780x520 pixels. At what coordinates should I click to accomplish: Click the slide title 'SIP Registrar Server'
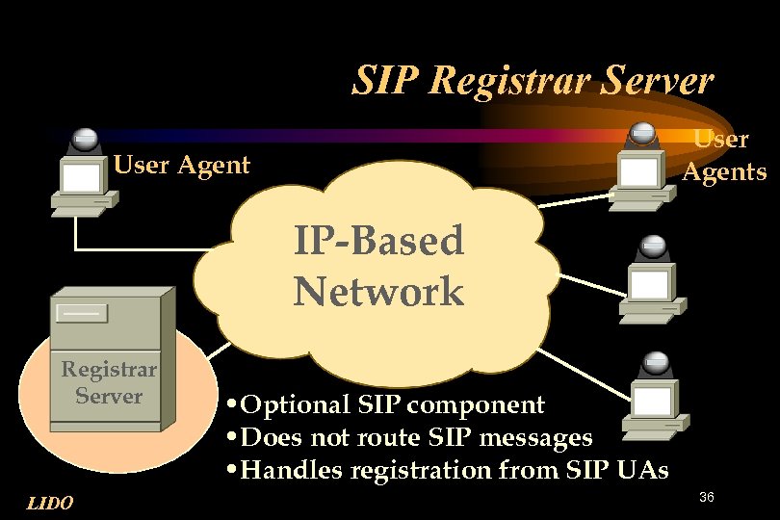pyautogui.click(x=533, y=81)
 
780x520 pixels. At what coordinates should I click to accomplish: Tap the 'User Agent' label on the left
pyautogui.click(x=182, y=166)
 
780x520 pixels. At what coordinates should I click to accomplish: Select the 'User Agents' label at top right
pyautogui.click(x=724, y=156)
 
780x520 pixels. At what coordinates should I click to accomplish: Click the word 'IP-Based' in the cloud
pyautogui.click(x=378, y=241)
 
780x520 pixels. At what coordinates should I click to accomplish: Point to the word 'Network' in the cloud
pyautogui.click(x=378, y=291)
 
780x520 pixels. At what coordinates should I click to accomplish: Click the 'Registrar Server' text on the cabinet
pyautogui.click(x=109, y=382)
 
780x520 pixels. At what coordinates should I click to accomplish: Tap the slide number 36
pyautogui.click(x=707, y=497)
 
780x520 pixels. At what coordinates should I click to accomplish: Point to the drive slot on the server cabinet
pyautogui.click(x=82, y=312)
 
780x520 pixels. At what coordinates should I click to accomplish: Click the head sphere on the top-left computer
pyautogui.click(x=85, y=139)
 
